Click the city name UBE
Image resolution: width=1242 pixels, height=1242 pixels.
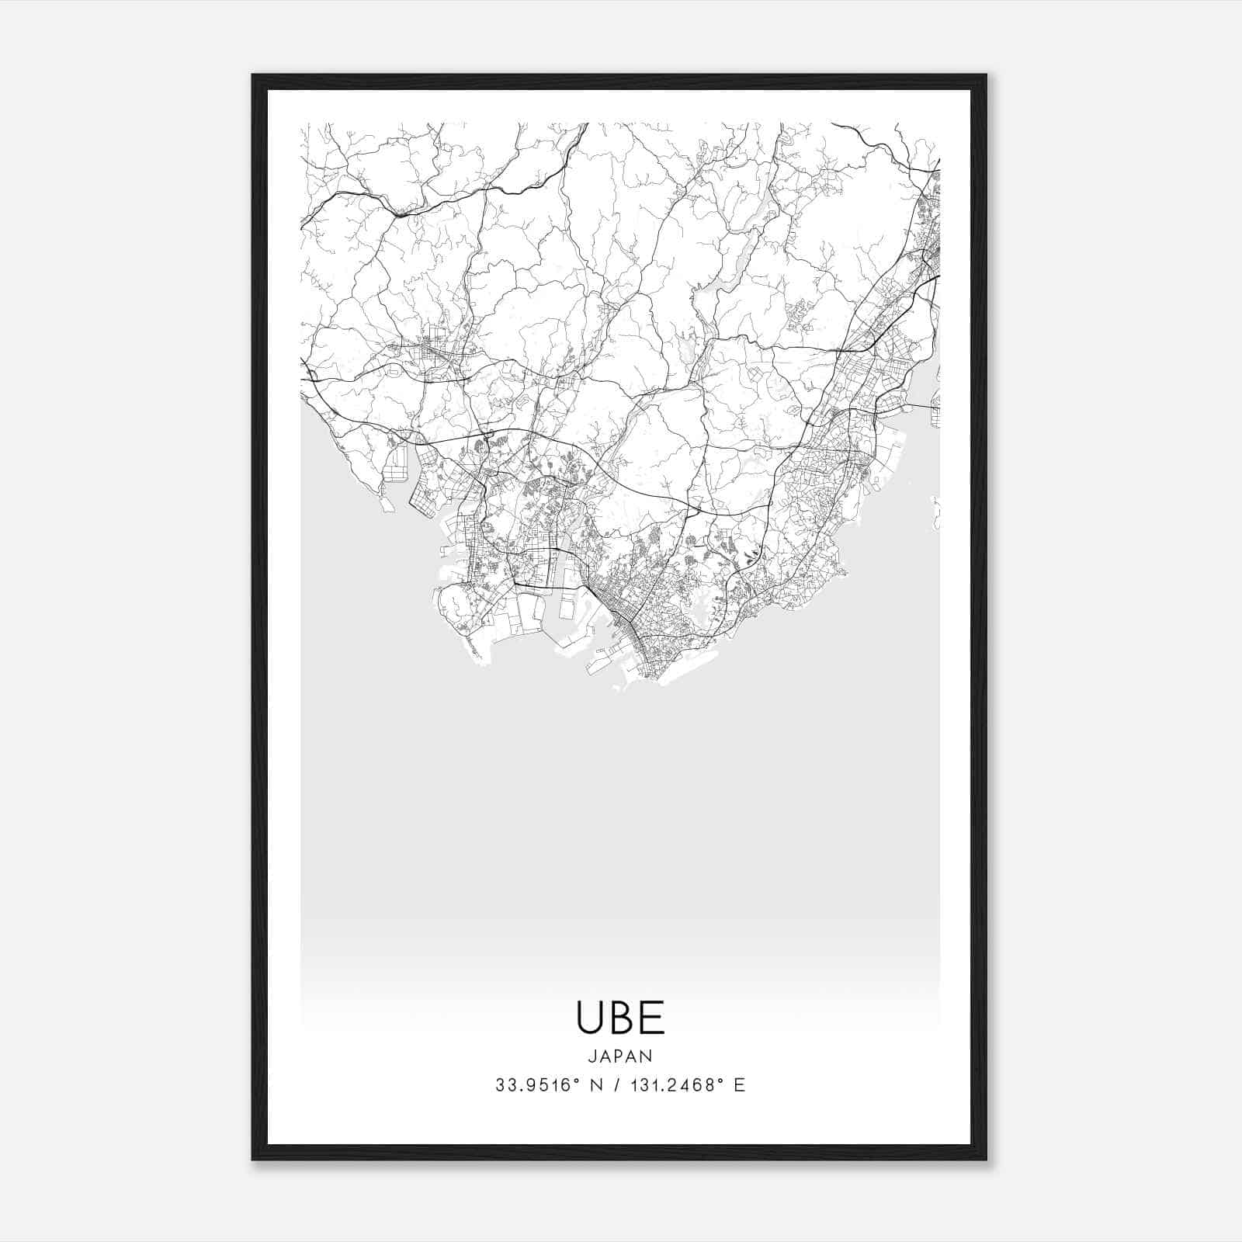coord(620,1018)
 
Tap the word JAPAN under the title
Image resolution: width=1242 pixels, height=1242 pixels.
coord(620,1056)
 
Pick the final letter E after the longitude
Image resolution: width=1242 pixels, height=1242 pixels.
coord(740,1085)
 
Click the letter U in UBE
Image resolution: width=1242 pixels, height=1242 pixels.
coord(588,1018)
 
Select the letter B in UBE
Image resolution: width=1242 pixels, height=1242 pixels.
coord(621,1018)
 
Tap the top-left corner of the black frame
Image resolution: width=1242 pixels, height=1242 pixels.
coord(254,76)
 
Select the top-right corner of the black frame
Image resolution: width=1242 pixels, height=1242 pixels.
coord(985,76)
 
